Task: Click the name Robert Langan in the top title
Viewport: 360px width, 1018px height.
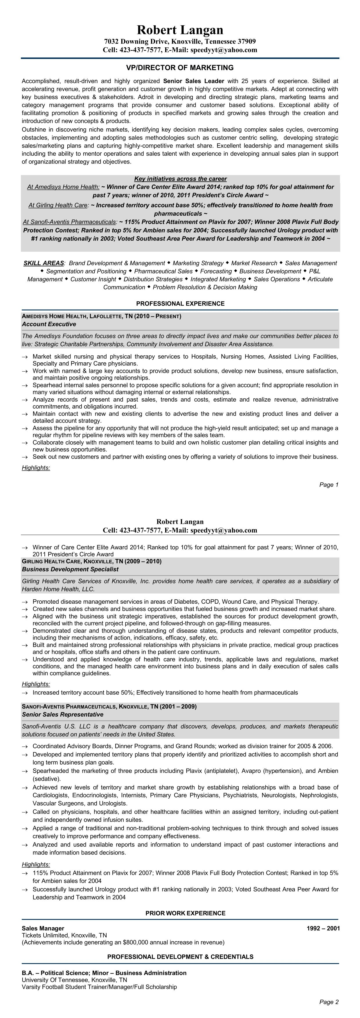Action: [180, 30]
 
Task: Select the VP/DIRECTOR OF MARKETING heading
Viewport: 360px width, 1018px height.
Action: [180, 68]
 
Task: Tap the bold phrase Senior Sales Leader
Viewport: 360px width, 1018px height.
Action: [194, 81]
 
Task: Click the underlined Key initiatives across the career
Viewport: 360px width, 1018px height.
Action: [180, 179]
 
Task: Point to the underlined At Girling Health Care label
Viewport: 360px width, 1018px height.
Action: [58, 205]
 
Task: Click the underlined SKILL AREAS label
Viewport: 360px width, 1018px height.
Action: [44, 263]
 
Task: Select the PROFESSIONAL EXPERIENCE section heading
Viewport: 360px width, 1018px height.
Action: [180, 303]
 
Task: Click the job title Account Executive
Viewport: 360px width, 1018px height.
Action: [49, 324]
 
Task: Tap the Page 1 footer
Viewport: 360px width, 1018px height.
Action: [329, 485]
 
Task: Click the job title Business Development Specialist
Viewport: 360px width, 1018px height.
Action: [70, 569]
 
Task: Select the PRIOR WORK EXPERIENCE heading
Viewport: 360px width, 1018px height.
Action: [185, 913]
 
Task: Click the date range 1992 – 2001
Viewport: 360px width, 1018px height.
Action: [323, 928]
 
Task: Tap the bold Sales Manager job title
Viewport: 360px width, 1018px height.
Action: [43, 928]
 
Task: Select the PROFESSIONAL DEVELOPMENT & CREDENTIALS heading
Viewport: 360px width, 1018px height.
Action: [180, 957]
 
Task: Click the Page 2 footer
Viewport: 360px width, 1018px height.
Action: [329, 1002]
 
